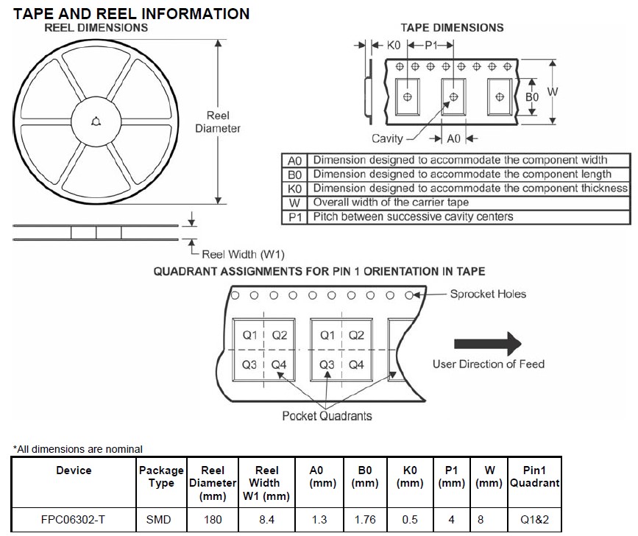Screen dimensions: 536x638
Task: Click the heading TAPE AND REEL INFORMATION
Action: [132, 13]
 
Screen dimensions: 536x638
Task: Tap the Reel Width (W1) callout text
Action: [244, 254]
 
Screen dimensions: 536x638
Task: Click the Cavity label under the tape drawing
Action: [387, 138]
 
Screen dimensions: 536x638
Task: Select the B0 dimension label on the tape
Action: [531, 96]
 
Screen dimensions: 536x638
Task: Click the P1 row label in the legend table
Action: [294, 217]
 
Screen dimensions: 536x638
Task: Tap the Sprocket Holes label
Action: [488, 294]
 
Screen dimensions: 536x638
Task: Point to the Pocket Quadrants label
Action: [327, 416]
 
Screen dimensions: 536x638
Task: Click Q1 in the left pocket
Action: [250, 336]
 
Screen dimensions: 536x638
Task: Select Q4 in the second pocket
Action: [356, 364]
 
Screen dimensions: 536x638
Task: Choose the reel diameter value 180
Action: [212, 519]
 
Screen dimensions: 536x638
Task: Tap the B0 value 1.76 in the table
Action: [365, 519]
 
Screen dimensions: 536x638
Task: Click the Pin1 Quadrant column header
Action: [541, 476]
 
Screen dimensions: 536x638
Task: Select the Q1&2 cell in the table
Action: [541, 519]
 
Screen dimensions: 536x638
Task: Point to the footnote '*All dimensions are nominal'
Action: [77, 449]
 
